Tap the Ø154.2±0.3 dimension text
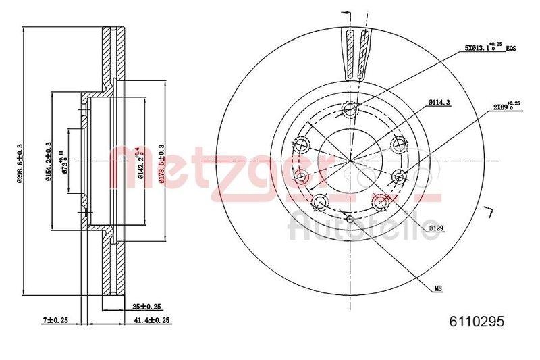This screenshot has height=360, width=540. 49,163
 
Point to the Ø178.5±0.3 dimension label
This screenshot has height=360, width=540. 161,163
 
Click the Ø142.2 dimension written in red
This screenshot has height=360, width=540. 140,163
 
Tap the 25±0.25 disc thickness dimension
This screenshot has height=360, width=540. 146,306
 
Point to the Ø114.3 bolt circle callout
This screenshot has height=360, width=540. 439,103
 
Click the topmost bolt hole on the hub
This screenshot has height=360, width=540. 350,110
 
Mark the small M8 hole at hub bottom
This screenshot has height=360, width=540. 350,217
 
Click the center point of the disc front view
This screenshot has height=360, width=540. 350,161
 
